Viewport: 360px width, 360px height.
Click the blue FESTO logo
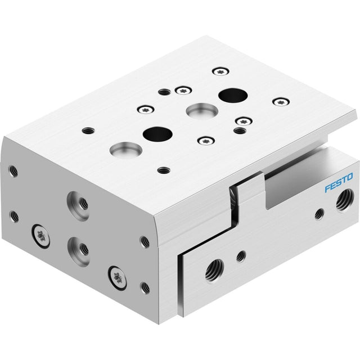339,183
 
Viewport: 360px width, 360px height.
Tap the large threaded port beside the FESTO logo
345,201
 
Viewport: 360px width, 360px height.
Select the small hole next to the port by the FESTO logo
319,214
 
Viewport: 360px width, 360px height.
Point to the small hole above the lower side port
241,256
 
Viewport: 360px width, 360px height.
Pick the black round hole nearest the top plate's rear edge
233,96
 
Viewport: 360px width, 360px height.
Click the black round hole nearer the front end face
157,134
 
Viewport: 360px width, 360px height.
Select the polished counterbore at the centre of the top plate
202,111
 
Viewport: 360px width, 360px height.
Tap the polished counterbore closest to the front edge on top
126,150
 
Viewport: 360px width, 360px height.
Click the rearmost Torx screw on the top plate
220,71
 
